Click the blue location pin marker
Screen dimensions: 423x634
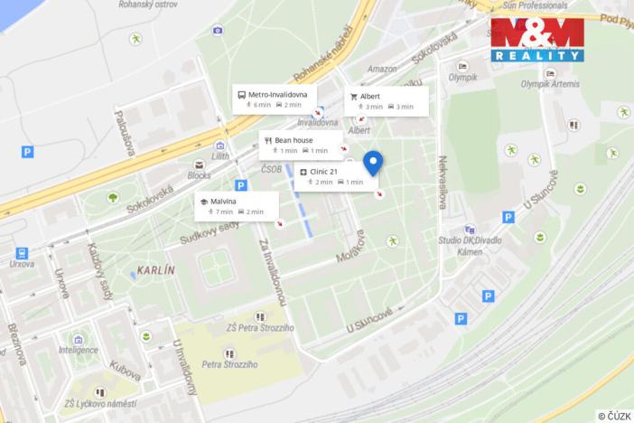(x=372, y=163)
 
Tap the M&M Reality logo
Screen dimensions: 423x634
(x=536, y=40)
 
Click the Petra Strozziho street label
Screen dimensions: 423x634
(x=230, y=364)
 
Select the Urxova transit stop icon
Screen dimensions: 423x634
(x=22, y=254)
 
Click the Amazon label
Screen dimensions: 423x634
(x=383, y=69)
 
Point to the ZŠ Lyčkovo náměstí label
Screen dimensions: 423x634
(x=100, y=403)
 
